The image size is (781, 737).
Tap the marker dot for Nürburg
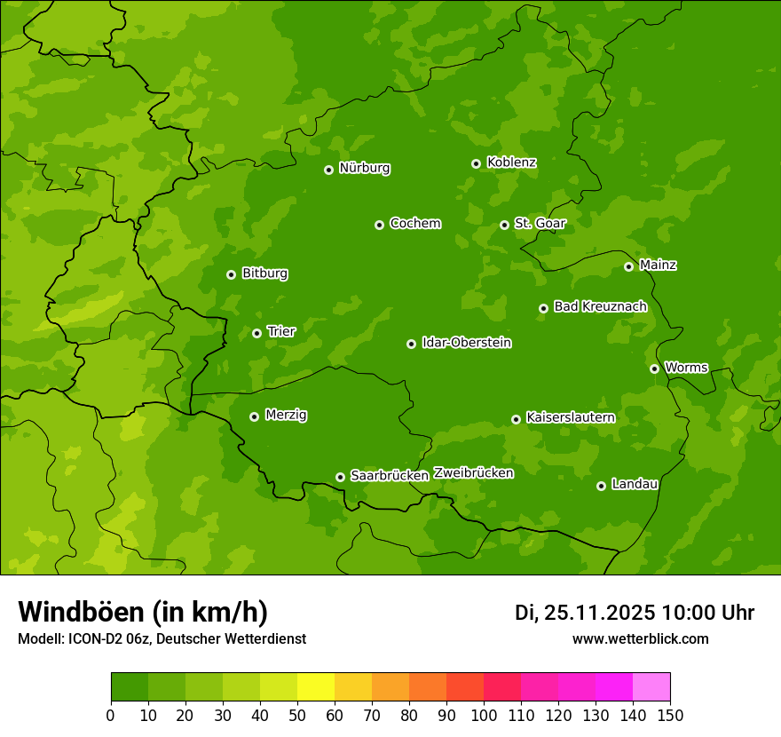pyautogui.click(x=328, y=170)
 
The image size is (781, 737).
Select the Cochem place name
pyautogui.click(x=414, y=224)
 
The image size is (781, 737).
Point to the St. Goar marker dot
pyautogui.click(x=504, y=225)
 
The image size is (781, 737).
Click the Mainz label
pyautogui.click(x=658, y=265)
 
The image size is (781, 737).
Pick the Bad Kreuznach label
pyautogui.click(x=600, y=306)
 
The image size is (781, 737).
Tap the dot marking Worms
pyautogui.click(x=654, y=368)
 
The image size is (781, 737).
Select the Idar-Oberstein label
pyautogui.click(x=466, y=343)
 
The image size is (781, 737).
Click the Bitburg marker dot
pyautogui.click(x=231, y=274)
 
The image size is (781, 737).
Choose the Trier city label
pyautogui.click(x=281, y=332)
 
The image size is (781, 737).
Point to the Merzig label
pyautogui.click(x=286, y=415)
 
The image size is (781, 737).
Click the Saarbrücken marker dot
pyautogui.click(x=340, y=477)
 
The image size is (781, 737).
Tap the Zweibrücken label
pyautogui.click(x=473, y=473)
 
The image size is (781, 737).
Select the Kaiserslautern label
pyautogui.click(x=571, y=417)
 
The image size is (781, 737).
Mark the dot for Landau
pyautogui.click(x=601, y=486)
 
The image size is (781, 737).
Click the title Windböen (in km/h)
pyautogui.click(x=143, y=612)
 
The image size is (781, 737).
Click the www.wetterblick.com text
pyautogui.click(x=640, y=638)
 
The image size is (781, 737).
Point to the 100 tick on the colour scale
pyautogui.click(x=484, y=715)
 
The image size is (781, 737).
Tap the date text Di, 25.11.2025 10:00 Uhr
pyautogui.click(x=635, y=613)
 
